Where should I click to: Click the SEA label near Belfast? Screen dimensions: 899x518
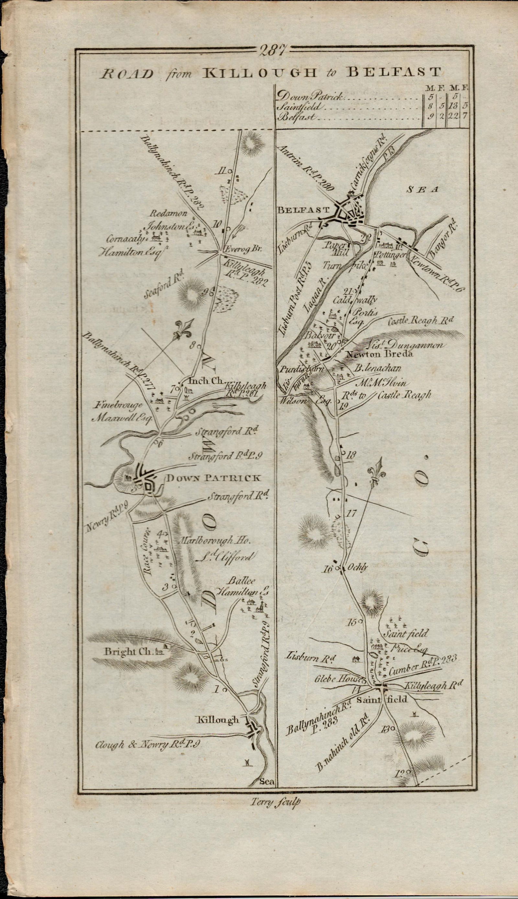(424, 190)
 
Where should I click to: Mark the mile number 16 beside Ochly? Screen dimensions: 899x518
(328, 569)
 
